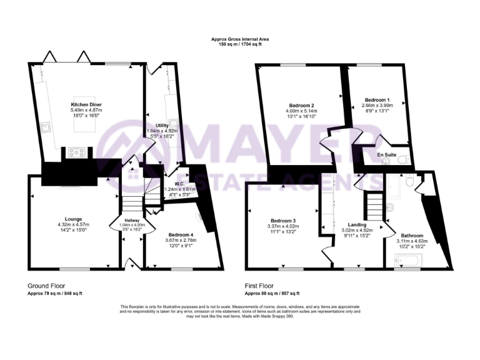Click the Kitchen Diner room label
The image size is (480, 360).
point(86,104)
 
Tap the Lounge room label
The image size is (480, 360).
point(69,219)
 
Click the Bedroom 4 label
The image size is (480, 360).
point(171,232)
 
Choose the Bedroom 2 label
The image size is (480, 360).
point(301,106)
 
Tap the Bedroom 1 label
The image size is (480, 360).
point(377,100)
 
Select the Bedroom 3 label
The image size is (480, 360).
point(283,219)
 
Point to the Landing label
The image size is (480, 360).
point(357,224)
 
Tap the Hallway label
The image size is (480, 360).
point(132,221)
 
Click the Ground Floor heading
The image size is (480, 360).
point(46,286)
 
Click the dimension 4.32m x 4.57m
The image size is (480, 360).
point(69,224)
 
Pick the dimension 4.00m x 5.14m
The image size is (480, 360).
point(301,111)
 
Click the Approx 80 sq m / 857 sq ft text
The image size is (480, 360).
point(272,293)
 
